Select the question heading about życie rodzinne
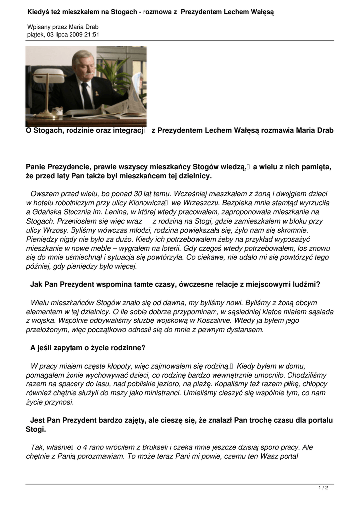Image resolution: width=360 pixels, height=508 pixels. click(x=88, y=347)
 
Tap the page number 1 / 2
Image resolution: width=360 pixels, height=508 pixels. click(x=323, y=488)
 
